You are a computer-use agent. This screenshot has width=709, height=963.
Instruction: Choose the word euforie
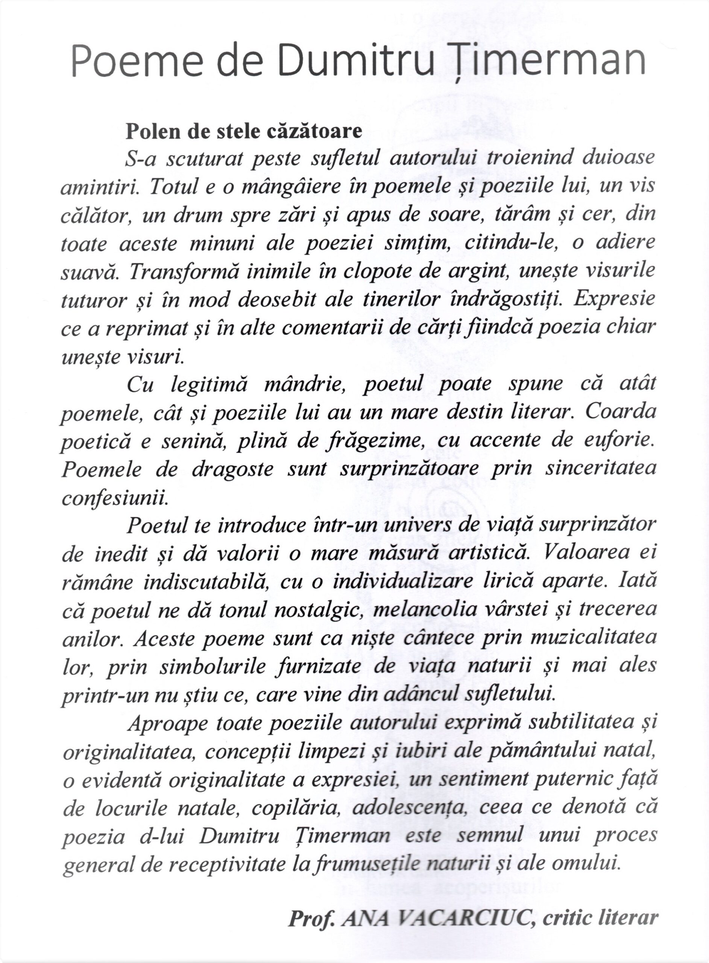617,440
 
